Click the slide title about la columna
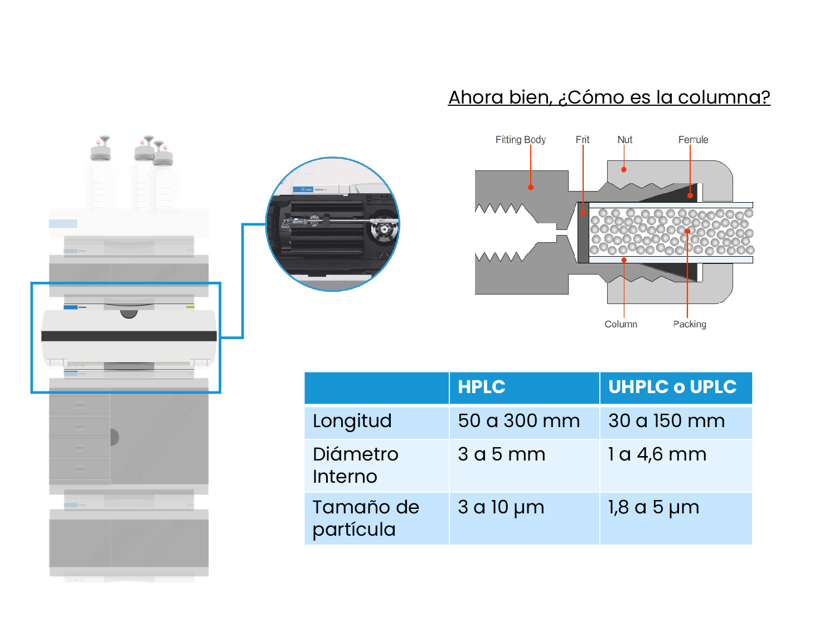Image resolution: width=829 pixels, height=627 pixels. pyautogui.click(x=609, y=97)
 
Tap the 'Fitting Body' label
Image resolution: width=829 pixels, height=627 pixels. pyautogui.click(x=520, y=140)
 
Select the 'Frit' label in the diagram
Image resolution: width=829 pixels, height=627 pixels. pyautogui.click(x=582, y=140)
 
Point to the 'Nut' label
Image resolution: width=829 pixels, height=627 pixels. pyautogui.click(x=624, y=140)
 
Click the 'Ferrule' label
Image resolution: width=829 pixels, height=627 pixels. pyautogui.click(x=693, y=140)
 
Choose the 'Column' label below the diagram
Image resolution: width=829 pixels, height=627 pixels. pyautogui.click(x=620, y=324)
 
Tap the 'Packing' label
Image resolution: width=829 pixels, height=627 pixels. pyautogui.click(x=689, y=324)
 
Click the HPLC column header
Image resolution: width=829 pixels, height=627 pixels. pyautogui.click(x=482, y=387)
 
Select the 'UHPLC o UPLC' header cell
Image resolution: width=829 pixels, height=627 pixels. pyautogui.click(x=672, y=387)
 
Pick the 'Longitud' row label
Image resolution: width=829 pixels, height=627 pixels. pyautogui.click(x=352, y=421)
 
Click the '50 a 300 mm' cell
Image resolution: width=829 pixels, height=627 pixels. pyautogui.click(x=518, y=421)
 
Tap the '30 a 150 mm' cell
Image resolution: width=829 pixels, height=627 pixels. pyautogui.click(x=666, y=421)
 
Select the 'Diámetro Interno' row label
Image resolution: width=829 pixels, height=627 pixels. pyautogui.click(x=356, y=466)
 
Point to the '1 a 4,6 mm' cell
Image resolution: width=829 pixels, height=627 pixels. pyautogui.click(x=657, y=454)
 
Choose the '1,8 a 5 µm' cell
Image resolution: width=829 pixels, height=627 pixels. pyautogui.click(x=653, y=507)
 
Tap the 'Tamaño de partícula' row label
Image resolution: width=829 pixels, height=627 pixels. pyautogui.click(x=366, y=518)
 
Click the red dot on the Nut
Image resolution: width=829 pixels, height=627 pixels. pyautogui.click(x=624, y=169)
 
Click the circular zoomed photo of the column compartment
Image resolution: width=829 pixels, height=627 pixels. pyautogui.click(x=333, y=224)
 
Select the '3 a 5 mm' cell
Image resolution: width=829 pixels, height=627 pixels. pyautogui.click(x=501, y=454)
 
